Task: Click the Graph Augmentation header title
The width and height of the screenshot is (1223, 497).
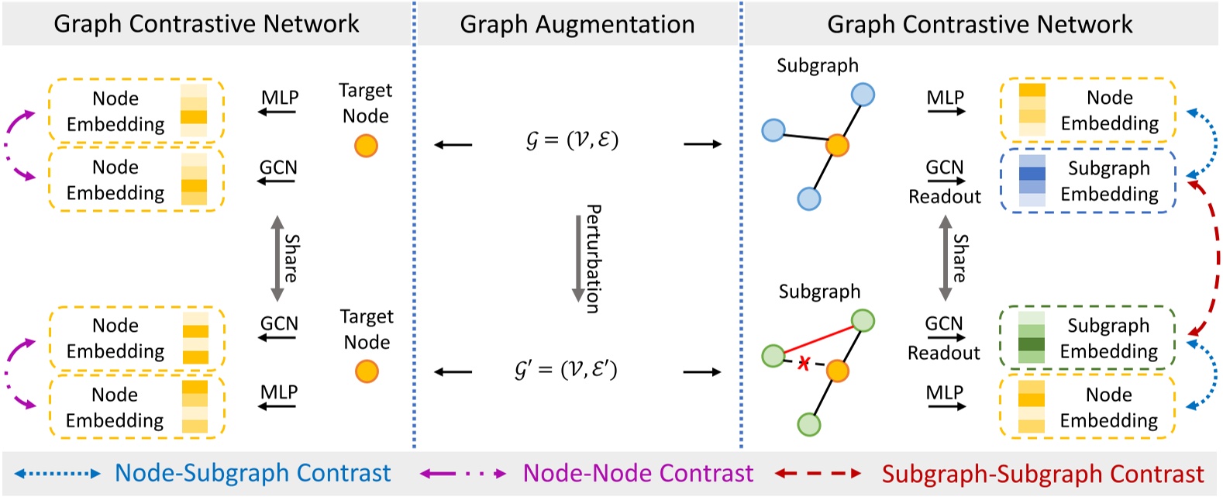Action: click(x=577, y=24)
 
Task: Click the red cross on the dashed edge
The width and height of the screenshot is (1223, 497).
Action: click(x=804, y=363)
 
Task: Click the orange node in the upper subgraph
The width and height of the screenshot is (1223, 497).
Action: click(x=837, y=144)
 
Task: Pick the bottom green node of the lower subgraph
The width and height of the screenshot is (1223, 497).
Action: click(x=809, y=424)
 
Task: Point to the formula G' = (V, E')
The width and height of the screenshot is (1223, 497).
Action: click(x=566, y=370)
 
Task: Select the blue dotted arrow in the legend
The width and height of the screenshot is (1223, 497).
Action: click(x=57, y=473)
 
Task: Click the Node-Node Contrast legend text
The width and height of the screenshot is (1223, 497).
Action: click(x=638, y=473)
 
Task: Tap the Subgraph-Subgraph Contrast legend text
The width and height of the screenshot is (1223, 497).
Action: click(x=1042, y=474)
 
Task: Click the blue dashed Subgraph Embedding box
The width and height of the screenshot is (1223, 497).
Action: click(x=1087, y=181)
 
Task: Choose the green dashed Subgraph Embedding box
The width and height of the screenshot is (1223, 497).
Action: click(x=1087, y=338)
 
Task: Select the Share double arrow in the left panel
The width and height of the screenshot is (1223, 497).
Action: click(x=277, y=258)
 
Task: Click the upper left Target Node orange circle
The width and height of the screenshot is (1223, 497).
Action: click(x=366, y=145)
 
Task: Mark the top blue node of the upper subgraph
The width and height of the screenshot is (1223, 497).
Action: click(x=863, y=95)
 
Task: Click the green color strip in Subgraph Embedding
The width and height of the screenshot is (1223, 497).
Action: click(x=1031, y=338)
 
